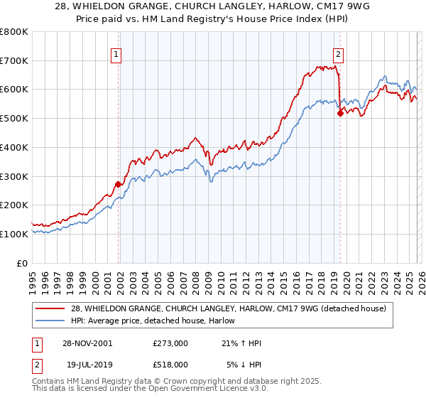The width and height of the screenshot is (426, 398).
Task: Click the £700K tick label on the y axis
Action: point(14,61)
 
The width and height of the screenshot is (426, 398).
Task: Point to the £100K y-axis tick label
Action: point(14,234)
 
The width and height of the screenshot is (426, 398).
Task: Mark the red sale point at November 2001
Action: point(119,184)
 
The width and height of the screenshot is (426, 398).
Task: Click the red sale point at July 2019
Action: point(340,113)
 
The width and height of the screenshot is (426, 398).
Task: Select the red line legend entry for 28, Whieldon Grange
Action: point(228,308)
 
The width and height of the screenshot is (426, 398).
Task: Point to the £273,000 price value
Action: point(170,343)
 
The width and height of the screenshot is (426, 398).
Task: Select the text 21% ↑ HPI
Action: point(241,343)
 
